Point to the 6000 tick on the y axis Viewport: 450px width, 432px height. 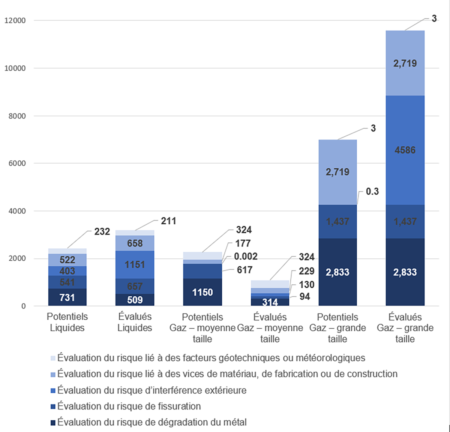[x=17, y=163]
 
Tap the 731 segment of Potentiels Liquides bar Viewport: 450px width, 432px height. [x=67, y=297]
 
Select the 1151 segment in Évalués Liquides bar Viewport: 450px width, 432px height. [x=135, y=264]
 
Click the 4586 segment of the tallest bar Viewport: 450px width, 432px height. [x=405, y=150]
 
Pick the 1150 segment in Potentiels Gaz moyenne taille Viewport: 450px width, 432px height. [x=202, y=292]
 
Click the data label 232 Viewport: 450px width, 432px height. [x=102, y=231]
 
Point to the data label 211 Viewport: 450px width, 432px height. [x=168, y=221]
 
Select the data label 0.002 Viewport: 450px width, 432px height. [x=246, y=257]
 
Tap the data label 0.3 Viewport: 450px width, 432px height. [x=372, y=192]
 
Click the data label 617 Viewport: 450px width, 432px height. [x=244, y=270]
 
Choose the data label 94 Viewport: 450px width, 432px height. [x=304, y=297]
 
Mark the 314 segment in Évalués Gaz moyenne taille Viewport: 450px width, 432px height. [x=270, y=302]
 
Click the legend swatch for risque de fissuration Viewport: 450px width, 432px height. [x=53, y=407]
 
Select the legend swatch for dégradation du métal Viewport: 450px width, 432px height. [x=53, y=423]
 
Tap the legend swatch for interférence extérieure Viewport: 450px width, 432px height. [x=53, y=391]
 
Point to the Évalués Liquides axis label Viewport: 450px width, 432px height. [x=135, y=322]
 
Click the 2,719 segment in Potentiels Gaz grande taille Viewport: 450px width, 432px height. [x=337, y=172]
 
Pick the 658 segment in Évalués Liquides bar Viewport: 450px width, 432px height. [x=135, y=243]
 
